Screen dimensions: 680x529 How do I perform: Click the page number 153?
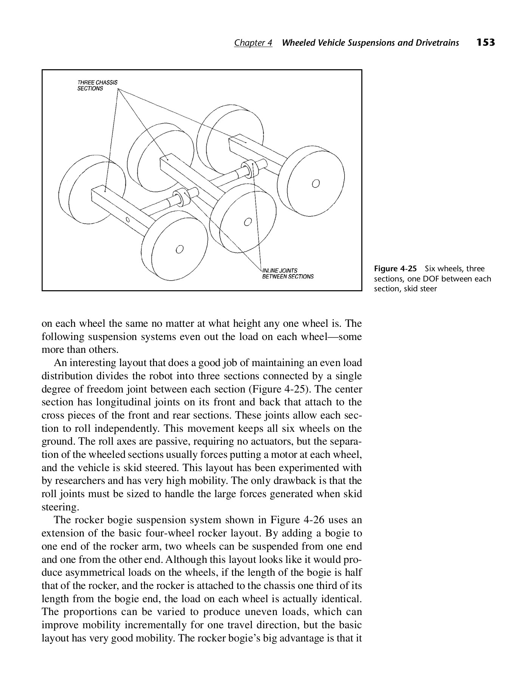[x=486, y=42]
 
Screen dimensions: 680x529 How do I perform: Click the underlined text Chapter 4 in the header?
[x=253, y=43]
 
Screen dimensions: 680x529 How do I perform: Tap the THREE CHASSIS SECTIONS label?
[x=97, y=85]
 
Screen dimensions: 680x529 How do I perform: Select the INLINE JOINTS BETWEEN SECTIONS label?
[x=288, y=274]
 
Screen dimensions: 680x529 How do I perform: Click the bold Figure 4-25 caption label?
[x=395, y=269]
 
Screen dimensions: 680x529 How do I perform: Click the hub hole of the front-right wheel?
[x=179, y=249]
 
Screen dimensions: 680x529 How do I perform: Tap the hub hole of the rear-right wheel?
[x=316, y=184]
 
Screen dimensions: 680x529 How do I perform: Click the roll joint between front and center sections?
[x=183, y=196]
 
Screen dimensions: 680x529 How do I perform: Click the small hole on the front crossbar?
[x=128, y=220]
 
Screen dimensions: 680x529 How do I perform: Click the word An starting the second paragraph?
[x=60, y=363]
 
